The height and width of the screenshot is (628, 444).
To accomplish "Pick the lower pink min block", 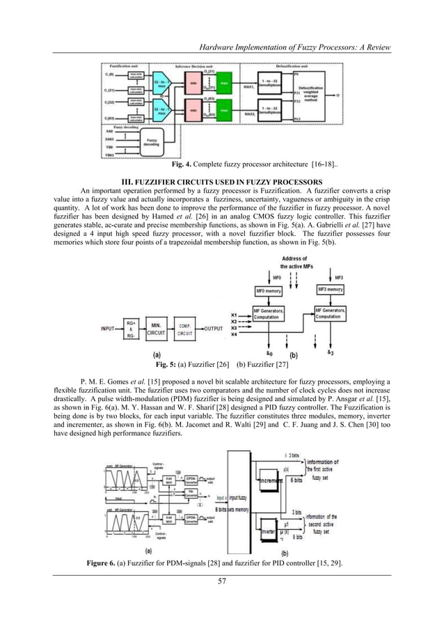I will [x=194, y=109].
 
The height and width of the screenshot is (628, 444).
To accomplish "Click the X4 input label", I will [x=235, y=336].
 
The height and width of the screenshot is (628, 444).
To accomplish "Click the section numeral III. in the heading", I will [x=126, y=183].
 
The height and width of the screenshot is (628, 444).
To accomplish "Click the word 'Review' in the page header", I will [x=376, y=47].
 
